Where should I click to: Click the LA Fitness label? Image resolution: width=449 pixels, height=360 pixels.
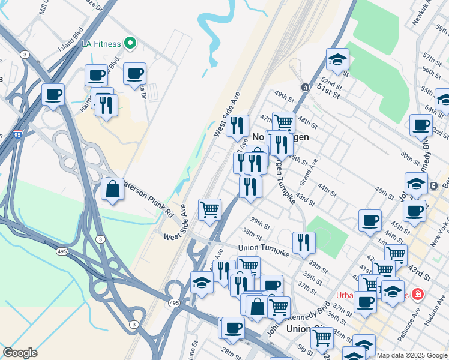pyautogui.click(x=101, y=43)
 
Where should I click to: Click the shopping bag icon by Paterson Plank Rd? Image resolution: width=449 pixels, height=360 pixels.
pyautogui.click(x=112, y=189)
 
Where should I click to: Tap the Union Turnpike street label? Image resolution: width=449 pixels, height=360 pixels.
pyautogui.click(x=265, y=247)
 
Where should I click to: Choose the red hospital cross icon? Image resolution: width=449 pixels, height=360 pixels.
pyautogui.click(x=417, y=295)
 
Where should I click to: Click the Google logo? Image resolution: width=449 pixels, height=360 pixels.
pyautogui.click(x=20, y=353)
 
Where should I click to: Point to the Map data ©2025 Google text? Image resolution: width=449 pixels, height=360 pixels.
pyautogui.click(x=412, y=355)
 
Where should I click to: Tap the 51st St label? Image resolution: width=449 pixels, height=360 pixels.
pyautogui.click(x=328, y=92)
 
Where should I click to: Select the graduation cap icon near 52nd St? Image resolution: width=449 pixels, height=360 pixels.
pyautogui.click(x=338, y=59)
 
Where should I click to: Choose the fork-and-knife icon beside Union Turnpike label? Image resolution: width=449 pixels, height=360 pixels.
pyautogui.click(x=304, y=242)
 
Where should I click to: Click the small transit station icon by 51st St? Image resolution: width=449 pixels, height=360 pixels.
pyautogui.click(x=305, y=87)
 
